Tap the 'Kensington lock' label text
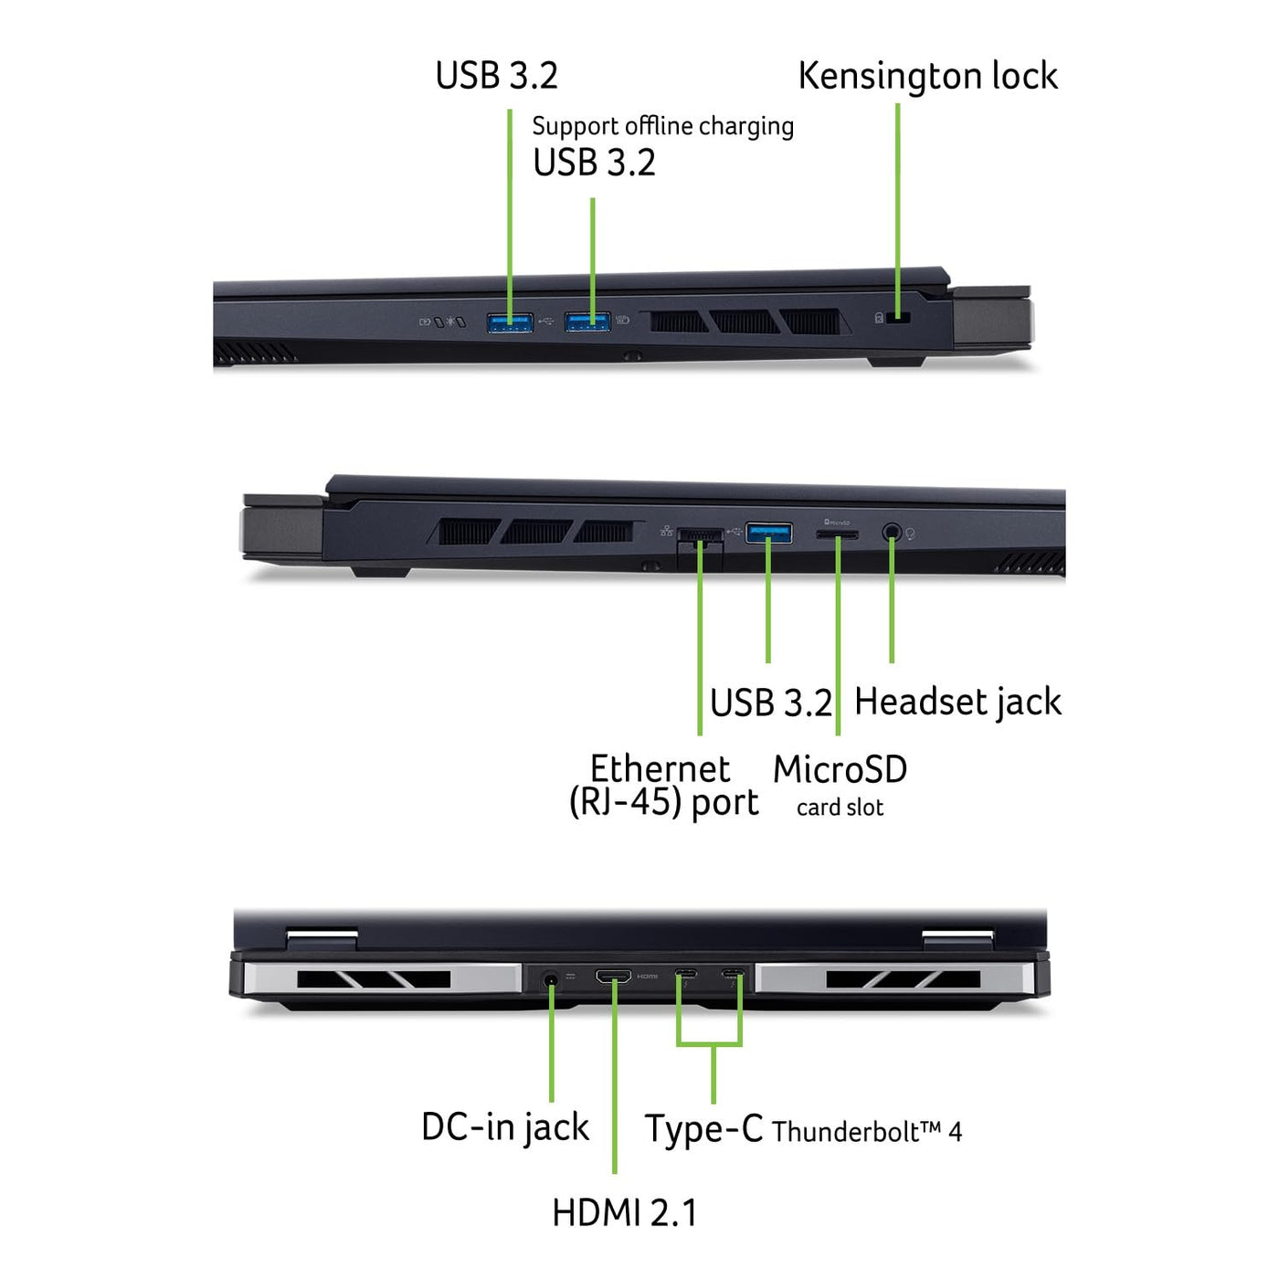(x=927, y=77)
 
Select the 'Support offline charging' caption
(x=662, y=126)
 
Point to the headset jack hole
(x=892, y=532)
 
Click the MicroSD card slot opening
(x=837, y=534)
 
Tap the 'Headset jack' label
(x=957, y=703)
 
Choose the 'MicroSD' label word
(x=840, y=770)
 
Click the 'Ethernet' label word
(x=660, y=769)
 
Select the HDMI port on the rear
(x=613, y=976)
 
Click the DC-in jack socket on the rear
(x=550, y=978)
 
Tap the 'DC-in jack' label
(x=505, y=1127)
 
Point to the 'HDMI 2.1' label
(x=625, y=1212)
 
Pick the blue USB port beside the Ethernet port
(x=768, y=533)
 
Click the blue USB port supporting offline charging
(x=587, y=322)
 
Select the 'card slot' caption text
(x=840, y=808)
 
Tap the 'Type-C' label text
(x=703, y=1128)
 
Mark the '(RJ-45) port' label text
(x=664, y=802)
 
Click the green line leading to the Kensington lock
(x=897, y=210)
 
